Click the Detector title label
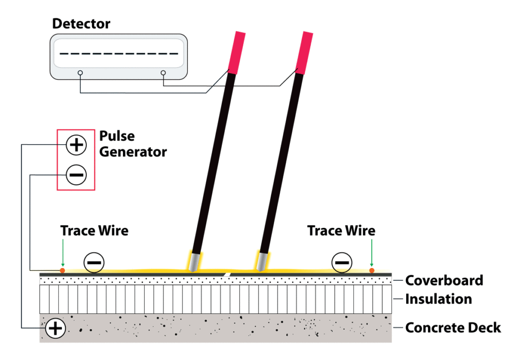point(81,23)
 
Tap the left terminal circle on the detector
point(80,73)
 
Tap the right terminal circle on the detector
point(163,73)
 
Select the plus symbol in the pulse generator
point(76,146)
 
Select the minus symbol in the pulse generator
point(76,175)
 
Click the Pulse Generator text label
point(133,144)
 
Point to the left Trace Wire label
point(94,231)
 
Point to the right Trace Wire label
point(341,231)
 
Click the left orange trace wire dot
point(62,270)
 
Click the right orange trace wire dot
point(372,270)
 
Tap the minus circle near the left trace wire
point(94,263)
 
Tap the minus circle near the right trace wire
point(342,263)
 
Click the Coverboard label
point(444,280)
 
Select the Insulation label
point(438,299)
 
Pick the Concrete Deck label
point(453,328)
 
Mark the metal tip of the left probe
point(194,261)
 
